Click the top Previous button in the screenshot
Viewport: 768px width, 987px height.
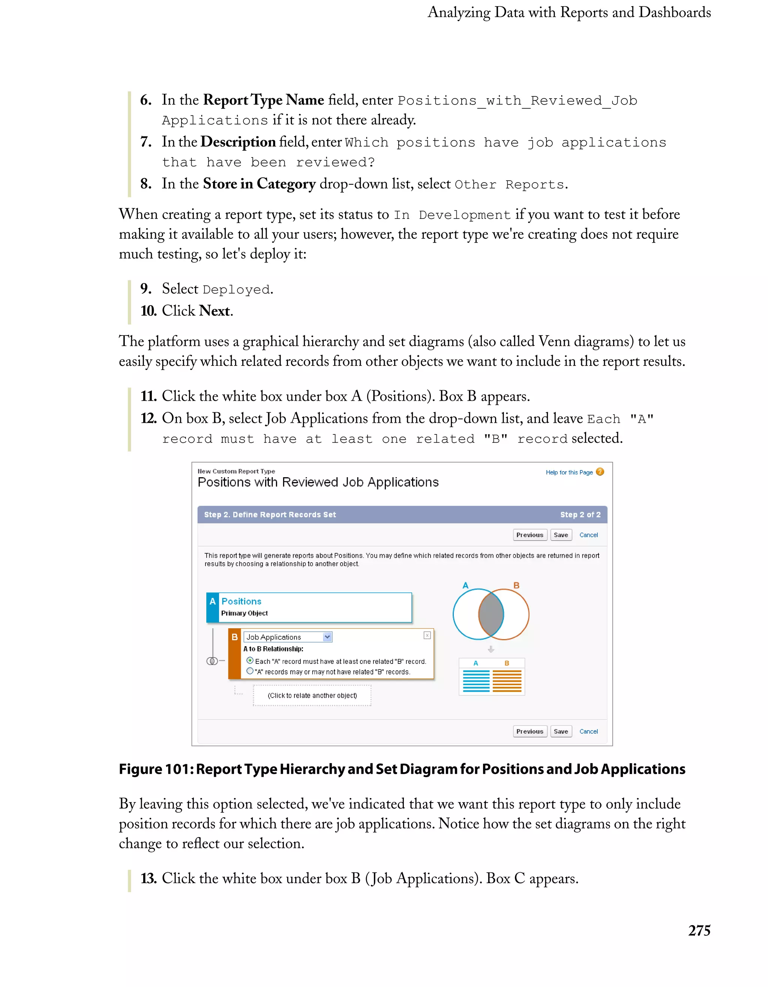(x=530, y=535)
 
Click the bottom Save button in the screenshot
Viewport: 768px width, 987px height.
(x=561, y=731)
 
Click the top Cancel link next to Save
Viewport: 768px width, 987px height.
(x=588, y=535)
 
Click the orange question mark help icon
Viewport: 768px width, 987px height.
(x=600, y=472)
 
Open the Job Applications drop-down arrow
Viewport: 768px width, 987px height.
(x=327, y=637)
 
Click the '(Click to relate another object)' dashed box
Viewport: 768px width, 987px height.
(x=312, y=695)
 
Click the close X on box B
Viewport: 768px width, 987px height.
(x=427, y=635)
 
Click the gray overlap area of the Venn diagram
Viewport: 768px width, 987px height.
(x=491, y=614)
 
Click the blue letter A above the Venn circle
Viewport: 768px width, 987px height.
(x=465, y=585)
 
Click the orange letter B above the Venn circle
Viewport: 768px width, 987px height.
(x=516, y=585)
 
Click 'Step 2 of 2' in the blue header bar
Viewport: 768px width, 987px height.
(x=580, y=515)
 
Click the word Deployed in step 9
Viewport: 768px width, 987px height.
(x=236, y=290)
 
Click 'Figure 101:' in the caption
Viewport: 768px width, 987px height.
(x=156, y=769)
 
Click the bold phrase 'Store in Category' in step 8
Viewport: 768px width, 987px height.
(x=259, y=184)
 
